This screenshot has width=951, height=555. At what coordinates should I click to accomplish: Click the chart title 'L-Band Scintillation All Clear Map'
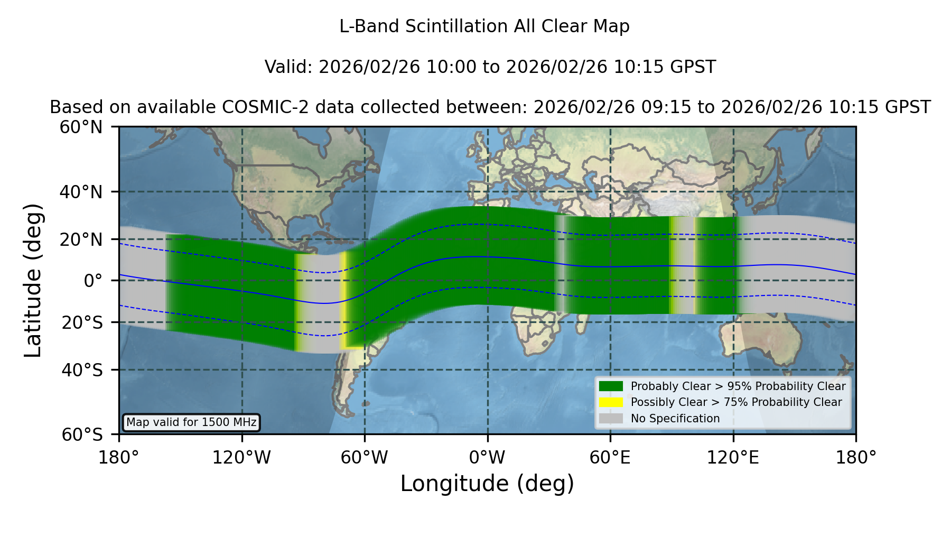(x=484, y=26)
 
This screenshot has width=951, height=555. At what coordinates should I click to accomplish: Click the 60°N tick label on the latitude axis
(x=81, y=127)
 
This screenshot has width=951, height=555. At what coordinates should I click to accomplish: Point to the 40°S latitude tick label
(x=82, y=370)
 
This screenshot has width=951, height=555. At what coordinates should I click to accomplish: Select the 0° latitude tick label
(x=93, y=281)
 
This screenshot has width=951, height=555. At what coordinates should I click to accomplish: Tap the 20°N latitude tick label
(x=81, y=239)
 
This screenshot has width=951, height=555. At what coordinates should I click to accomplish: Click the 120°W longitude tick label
(x=241, y=458)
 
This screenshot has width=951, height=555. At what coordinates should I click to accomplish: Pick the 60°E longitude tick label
(x=610, y=458)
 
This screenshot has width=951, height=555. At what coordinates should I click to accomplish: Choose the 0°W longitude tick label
(x=488, y=458)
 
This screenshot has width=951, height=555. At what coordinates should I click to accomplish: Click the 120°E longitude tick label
(x=733, y=458)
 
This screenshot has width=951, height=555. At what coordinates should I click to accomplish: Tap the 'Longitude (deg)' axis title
(x=487, y=484)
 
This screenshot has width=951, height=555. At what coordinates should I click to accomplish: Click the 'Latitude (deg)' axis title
(x=33, y=281)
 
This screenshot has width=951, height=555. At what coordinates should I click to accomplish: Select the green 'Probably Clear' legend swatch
(x=611, y=386)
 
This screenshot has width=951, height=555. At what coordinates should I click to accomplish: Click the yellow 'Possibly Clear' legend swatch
(x=611, y=402)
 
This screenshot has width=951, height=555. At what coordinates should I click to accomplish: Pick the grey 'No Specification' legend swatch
(x=611, y=419)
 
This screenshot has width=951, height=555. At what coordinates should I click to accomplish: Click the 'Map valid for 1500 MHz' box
(x=191, y=422)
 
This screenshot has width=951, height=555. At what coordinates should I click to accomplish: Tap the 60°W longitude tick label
(x=365, y=458)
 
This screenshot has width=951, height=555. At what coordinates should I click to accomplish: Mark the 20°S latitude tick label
(x=82, y=322)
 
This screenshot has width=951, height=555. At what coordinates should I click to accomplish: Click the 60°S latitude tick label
(x=82, y=435)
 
